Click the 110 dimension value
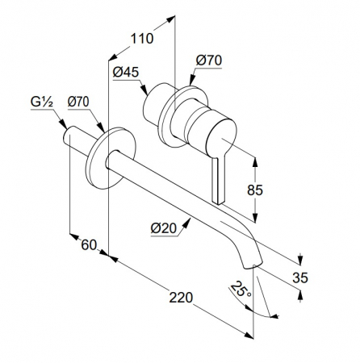142,39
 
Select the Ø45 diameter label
126,72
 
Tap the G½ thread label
42,102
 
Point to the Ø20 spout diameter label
164,228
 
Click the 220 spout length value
181,298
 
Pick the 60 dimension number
89,245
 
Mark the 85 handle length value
255,190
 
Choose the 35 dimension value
300,277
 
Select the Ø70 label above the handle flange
209,60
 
